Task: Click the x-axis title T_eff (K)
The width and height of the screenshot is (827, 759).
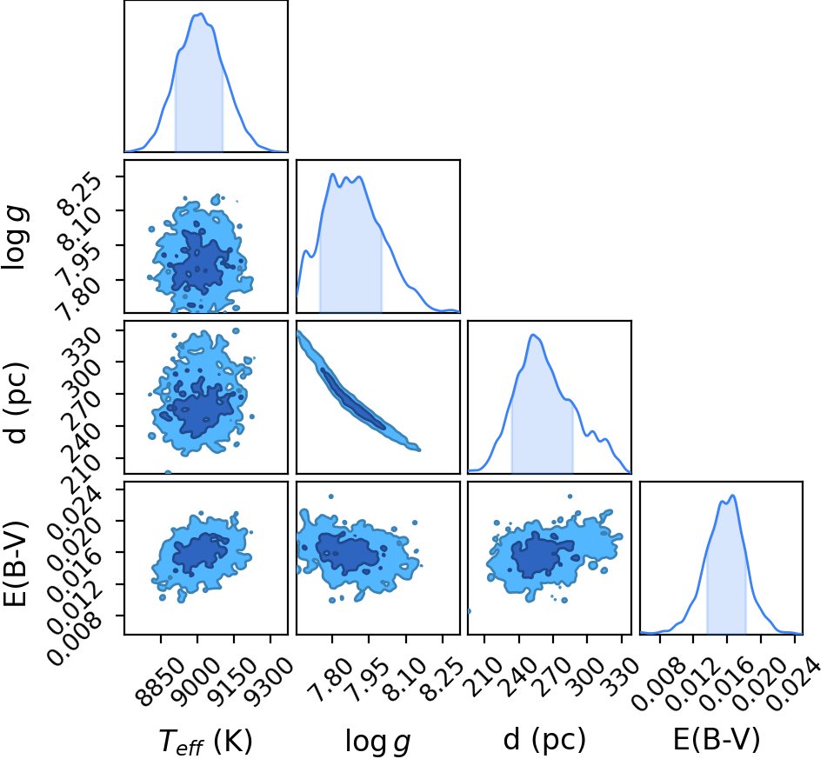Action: click(206, 741)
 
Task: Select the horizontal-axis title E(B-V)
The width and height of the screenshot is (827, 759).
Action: click(717, 740)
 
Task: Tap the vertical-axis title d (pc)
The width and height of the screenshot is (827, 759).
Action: click(17, 403)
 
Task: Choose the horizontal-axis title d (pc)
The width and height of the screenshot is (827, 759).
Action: click(545, 740)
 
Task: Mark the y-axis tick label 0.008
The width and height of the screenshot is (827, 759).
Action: click(74, 639)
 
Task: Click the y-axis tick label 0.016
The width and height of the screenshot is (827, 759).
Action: click(74, 576)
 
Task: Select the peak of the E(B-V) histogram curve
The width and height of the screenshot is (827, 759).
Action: click(732, 496)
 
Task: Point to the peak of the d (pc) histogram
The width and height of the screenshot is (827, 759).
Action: click(533, 335)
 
